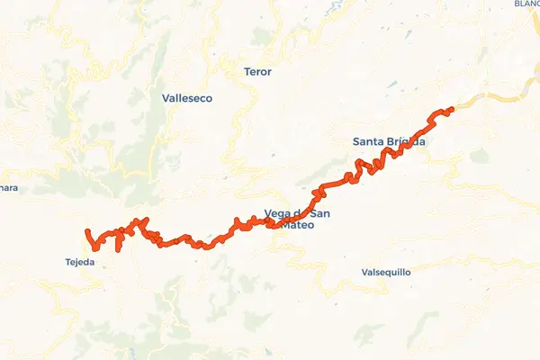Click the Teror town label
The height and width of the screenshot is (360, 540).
tap(257, 71)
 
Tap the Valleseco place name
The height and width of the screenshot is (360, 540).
tap(187, 98)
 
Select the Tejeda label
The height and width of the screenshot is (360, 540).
tap(80, 263)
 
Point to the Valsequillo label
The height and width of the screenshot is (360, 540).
tap(385, 271)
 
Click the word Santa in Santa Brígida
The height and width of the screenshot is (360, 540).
tap(369, 141)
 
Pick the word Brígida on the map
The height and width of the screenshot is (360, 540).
tap(407, 141)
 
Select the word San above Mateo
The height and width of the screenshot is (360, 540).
tap(319, 214)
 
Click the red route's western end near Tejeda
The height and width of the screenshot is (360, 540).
tap(87, 233)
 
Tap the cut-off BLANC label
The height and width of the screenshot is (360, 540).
tap(527, 4)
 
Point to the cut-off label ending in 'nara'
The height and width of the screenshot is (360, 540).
tap(8, 188)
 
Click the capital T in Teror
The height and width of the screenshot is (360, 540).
tap(247, 71)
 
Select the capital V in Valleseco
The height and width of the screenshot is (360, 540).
tap(166, 98)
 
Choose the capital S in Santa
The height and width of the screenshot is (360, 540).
tap(356, 141)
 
